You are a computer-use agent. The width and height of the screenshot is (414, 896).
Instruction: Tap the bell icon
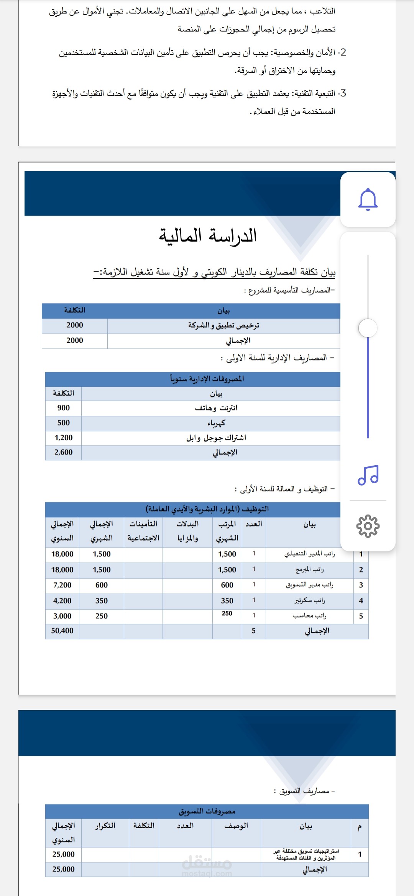tap(368, 199)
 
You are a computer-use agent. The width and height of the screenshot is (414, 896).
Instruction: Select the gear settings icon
tap(368, 526)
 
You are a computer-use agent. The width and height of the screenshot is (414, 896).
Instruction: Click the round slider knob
tap(368, 328)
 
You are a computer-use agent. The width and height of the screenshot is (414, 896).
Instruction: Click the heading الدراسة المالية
tap(208, 235)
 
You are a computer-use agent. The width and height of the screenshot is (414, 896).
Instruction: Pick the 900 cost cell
tap(64, 408)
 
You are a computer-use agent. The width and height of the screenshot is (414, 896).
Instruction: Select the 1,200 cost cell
tap(64, 438)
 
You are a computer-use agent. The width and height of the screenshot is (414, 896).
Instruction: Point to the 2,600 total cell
tap(64, 452)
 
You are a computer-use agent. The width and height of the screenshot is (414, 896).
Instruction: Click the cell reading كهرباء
tap(216, 423)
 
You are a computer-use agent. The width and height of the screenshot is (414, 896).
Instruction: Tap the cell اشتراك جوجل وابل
tap(216, 438)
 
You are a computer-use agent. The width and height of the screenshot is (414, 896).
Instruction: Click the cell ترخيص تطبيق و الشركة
tap(223, 325)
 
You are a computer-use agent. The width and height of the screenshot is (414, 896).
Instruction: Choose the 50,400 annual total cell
tap(62, 631)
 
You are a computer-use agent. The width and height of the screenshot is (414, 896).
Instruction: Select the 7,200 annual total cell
tap(62, 585)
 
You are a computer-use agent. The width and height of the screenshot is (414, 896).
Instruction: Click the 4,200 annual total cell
tap(62, 601)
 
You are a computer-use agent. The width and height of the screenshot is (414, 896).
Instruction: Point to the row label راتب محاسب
tap(309, 616)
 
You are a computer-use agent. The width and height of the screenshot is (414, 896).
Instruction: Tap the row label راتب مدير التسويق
tap(309, 585)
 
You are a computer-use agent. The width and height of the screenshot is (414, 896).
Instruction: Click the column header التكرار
tap(105, 826)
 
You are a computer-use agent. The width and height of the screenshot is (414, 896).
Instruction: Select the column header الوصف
tap(236, 826)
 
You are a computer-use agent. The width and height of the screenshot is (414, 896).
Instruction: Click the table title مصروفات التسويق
tap(207, 811)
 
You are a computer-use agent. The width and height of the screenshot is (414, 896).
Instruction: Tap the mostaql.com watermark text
tap(207, 874)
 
